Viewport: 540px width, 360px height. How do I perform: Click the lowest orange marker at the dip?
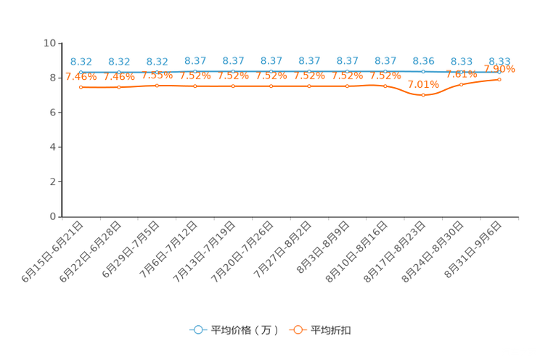pyautogui.click(x=424, y=96)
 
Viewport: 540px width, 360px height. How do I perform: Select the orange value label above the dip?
pyautogui.click(x=424, y=84)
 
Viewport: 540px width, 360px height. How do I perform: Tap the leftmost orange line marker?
pyautogui.click(x=81, y=86)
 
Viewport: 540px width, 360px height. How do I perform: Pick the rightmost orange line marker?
pyautogui.click(x=500, y=78)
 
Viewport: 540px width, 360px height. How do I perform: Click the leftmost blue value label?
pyautogui.click(x=81, y=62)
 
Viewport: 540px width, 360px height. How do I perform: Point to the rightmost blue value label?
pyautogui.click(x=500, y=61)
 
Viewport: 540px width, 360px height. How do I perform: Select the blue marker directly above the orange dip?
pyautogui.click(x=424, y=72)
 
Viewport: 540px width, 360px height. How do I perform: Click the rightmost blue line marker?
pyautogui.click(x=500, y=72)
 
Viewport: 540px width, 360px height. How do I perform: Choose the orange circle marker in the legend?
pyautogui.click(x=298, y=330)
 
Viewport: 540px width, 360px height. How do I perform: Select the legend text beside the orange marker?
pyautogui.click(x=332, y=330)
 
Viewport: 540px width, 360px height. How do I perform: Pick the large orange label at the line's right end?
pyautogui.click(x=500, y=69)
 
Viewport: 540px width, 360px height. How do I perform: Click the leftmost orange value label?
pyautogui.click(x=81, y=76)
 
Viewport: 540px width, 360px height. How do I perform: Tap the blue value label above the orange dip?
pyautogui.click(x=424, y=61)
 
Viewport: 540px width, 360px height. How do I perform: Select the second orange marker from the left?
pyautogui.click(x=119, y=87)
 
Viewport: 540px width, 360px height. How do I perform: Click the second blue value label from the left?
pyautogui.click(x=119, y=62)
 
